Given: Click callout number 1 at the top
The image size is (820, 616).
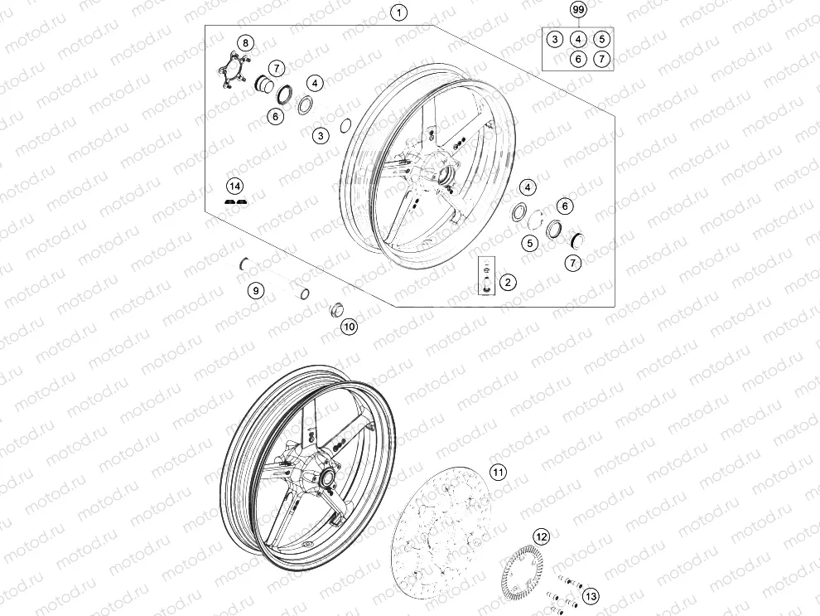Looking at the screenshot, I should point(400,12).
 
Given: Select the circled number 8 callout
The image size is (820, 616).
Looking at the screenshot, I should point(245,42).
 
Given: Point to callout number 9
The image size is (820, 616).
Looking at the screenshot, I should point(256,290).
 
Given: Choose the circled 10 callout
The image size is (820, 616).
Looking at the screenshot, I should point(349,327).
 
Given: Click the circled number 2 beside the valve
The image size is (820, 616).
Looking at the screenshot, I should point(508,282).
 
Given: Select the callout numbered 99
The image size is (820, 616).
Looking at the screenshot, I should point(578,10).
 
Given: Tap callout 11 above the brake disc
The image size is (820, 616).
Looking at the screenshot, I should point(497,473).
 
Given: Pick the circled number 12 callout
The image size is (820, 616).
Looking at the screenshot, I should point(540,536).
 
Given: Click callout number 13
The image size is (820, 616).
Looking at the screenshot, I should point(590,595).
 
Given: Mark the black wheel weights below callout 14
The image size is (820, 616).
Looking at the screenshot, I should point(236,201).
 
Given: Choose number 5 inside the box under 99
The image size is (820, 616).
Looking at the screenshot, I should point(601,39).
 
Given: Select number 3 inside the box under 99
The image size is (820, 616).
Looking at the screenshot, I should point(555,39).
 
